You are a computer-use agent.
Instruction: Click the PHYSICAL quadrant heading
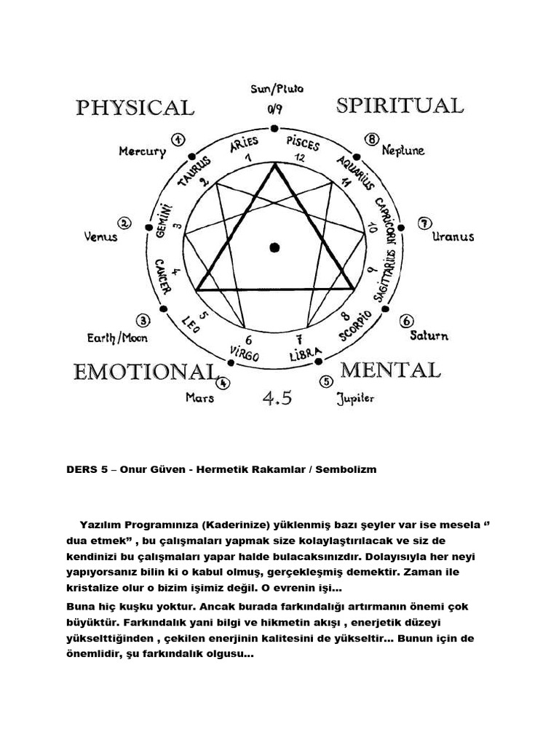135,108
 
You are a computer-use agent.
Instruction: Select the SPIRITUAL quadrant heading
400,105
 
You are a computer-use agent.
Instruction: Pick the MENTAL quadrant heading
390,370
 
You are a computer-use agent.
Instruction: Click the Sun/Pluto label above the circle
277,89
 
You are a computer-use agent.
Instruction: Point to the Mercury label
143,152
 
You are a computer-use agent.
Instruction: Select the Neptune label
403,151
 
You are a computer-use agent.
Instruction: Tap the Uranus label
453,236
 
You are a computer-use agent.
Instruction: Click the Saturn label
429,335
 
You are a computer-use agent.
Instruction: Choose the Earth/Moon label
117,338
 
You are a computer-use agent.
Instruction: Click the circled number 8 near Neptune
373,139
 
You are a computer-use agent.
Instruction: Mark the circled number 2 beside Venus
124,223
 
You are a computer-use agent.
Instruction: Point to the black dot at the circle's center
274,247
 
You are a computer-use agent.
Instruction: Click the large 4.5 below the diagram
277,397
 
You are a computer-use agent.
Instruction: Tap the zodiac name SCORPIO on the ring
355,325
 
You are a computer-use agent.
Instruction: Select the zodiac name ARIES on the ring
245,145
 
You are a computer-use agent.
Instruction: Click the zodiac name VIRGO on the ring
244,353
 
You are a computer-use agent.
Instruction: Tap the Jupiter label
356,398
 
